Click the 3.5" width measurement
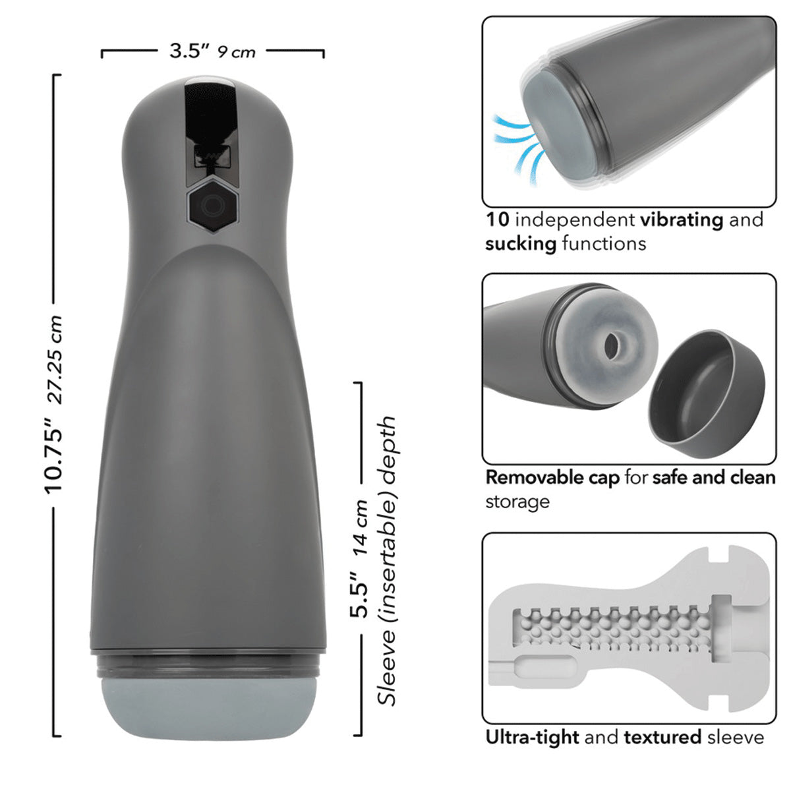(x=190, y=51)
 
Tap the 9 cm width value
(x=237, y=52)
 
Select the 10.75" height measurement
(x=53, y=455)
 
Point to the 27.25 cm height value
(x=55, y=359)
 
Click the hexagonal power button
(x=213, y=205)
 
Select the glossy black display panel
(x=210, y=131)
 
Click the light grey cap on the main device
(x=208, y=708)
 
